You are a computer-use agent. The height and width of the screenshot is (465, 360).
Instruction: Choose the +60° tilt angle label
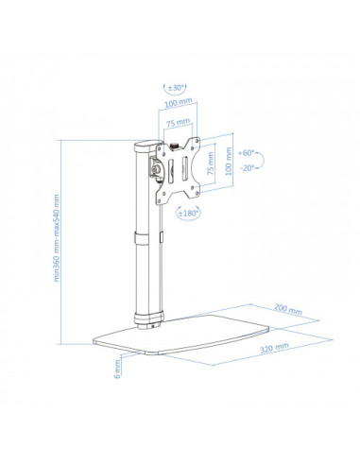tap(248, 151)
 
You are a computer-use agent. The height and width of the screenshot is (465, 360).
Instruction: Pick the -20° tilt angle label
tap(248, 168)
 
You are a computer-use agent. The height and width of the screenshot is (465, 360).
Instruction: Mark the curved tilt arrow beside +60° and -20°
tap(267, 160)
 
